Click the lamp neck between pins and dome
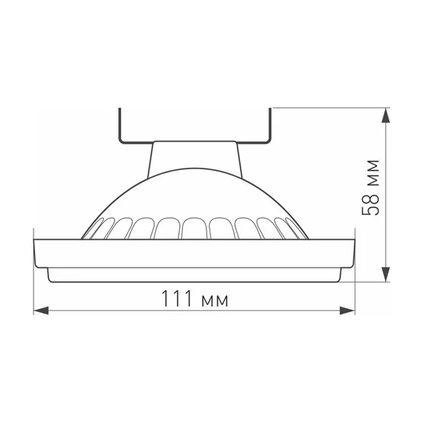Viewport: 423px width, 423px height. point(195,156)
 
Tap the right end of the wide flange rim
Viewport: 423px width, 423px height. point(354,252)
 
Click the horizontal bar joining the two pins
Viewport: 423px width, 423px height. point(195,142)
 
